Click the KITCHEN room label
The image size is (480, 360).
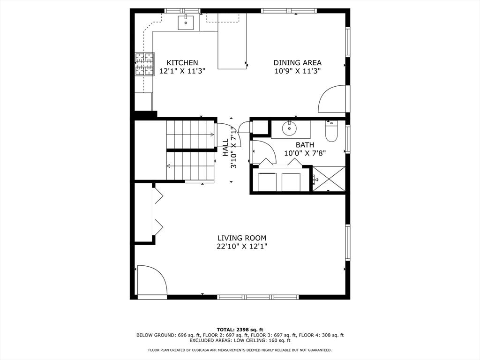[x=182, y=63]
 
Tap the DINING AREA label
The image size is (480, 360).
[x=297, y=63]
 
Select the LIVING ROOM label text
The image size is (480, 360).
[x=242, y=238]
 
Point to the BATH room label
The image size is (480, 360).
[x=305, y=145]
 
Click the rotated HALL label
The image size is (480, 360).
[x=225, y=147]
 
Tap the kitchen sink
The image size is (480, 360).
[x=186, y=22]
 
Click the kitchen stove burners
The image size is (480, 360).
[x=144, y=64]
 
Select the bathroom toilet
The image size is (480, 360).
[x=331, y=131]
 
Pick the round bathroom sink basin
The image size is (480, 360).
[x=290, y=128]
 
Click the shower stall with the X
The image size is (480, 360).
[x=329, y=179]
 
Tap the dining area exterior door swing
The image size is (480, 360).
[x=332, y=99]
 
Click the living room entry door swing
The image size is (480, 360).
[x=152, y=281]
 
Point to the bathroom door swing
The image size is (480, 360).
[x=263, y=152]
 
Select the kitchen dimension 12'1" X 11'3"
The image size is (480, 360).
[x=182, y=71]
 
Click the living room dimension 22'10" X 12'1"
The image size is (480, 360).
[x=242, y=246]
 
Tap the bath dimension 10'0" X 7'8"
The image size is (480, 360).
[x=305, y=153]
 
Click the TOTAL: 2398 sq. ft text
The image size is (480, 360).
[x=240, y=330]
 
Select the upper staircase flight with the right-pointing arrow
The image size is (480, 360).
[x=190, y=135]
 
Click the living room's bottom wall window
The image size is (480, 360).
[x=258, y=297]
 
